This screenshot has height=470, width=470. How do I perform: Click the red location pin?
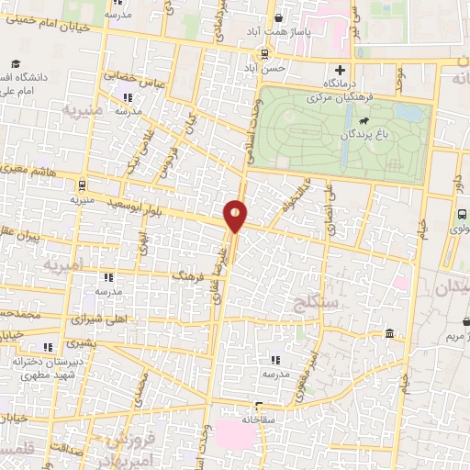(x=236, y=214)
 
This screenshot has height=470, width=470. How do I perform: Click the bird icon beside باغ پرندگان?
(x=364, y=120)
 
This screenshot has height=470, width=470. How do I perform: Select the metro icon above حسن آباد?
(x=265, y=54)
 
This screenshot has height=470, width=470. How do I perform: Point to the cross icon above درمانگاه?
(x=341, y=70)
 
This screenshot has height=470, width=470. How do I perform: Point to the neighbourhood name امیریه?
(x=64, y=263)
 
